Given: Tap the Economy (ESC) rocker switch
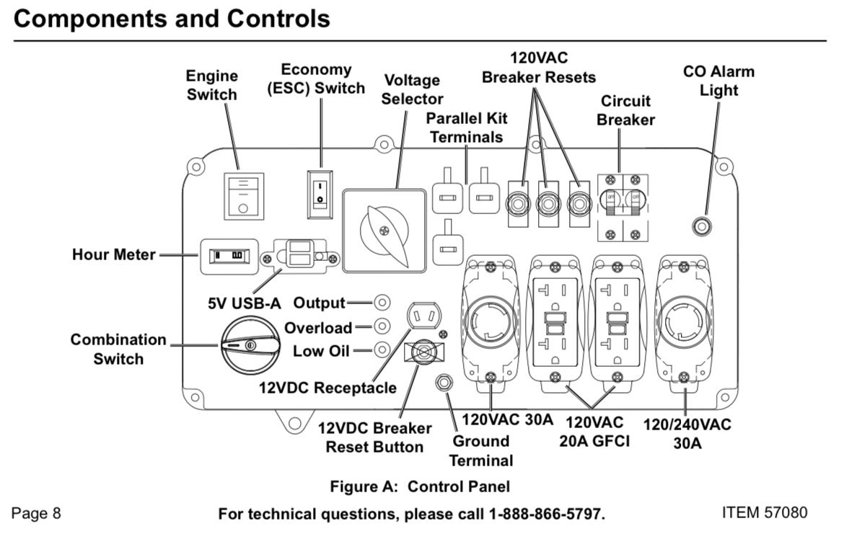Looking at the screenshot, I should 320,194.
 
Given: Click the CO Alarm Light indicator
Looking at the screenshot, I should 701,228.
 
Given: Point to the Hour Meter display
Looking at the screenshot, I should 229,255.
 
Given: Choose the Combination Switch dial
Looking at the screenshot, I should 249,346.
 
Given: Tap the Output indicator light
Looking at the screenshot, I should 382,303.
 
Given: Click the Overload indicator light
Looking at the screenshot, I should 382,326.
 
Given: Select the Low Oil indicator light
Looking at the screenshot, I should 382,350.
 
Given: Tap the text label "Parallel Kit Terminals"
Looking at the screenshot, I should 465,127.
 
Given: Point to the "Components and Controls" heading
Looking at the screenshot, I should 172,18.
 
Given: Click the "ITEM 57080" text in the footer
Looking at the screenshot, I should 764,512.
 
